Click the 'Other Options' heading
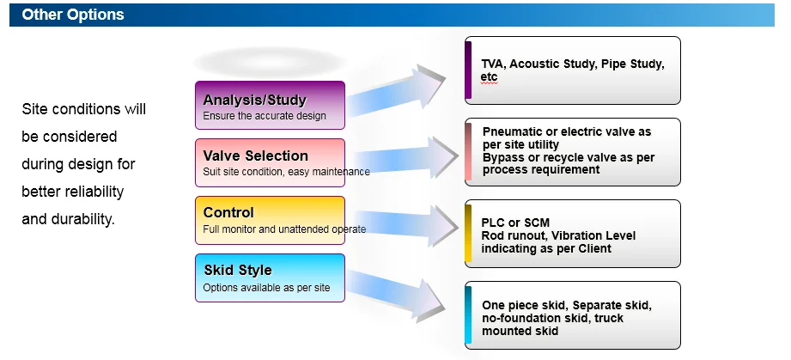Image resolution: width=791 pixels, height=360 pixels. (x=73, y=15)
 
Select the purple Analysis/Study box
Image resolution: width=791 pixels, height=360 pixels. (x=270, y=105)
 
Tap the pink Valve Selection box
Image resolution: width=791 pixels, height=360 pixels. (x=270, y=162)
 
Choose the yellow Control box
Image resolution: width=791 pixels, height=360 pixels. (x=270, y=220)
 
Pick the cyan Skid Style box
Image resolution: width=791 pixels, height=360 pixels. (x=270, y=277)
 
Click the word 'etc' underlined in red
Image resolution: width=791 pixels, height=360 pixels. (x=489, y=76)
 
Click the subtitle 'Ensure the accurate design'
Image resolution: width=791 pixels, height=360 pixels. (x=265, y=116)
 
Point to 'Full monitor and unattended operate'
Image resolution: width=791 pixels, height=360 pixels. (x=284, y=229)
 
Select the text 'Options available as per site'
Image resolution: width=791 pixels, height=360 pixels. (x=266, y=287)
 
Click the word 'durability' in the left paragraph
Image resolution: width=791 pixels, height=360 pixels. (x=83, y=218)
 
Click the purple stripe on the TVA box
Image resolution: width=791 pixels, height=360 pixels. (x=468, y=70)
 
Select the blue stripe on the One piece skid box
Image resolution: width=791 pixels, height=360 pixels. (x=468, y=314)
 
